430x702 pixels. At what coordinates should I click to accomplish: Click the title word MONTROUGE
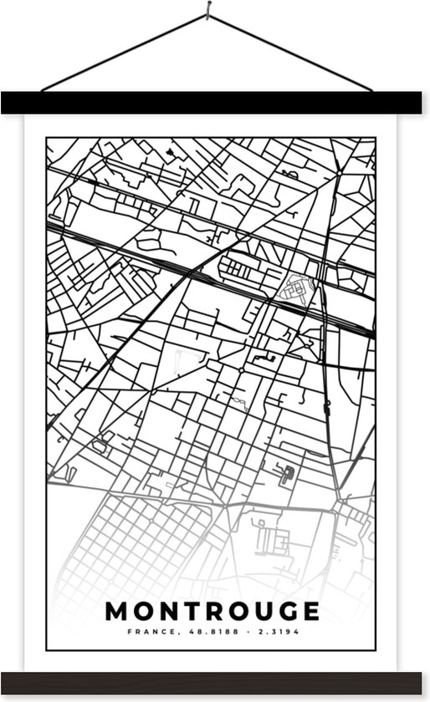point(212,611)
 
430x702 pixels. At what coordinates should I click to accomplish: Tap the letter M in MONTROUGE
point(118,611)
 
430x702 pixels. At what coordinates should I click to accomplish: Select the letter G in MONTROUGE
point(285,611)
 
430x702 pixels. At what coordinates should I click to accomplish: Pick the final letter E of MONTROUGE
point(310,611)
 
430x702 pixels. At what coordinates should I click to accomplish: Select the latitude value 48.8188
point(200,632)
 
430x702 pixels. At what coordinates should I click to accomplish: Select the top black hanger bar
point(215,102)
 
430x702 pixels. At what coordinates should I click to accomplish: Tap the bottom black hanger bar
point(215,682)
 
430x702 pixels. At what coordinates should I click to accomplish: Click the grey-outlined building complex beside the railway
point(296,288)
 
